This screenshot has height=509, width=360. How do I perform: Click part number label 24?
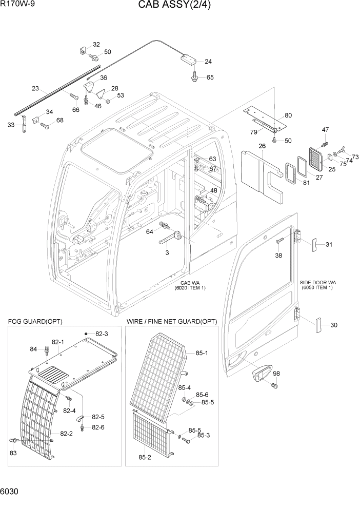(208, 62)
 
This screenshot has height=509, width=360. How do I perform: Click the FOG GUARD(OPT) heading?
(35, 321)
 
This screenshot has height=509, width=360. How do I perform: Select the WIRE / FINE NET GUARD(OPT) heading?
(171, 321)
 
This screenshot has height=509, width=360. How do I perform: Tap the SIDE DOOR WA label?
(317, 283)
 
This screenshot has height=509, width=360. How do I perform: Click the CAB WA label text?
(192, 283)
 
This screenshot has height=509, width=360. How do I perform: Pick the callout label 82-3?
(102, 334)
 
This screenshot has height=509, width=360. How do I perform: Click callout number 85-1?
(202, 353)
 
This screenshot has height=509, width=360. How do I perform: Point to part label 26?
(262, 146)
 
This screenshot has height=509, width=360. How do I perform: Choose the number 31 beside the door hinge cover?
(329, 244)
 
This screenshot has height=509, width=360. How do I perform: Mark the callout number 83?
(13, 453)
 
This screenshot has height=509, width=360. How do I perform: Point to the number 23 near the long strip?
(35, 88)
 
